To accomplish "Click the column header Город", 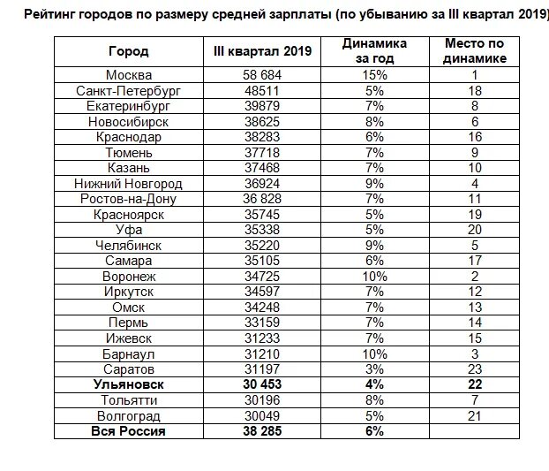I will pos(128,51).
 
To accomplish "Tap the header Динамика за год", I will pos(373,51).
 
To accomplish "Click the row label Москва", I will pos(128,76).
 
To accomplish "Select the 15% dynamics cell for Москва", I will pos(373,76).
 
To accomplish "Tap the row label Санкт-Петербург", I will pos(128,91).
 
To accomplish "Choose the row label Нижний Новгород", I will pos(129,183).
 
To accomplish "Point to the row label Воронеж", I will pos(128,277).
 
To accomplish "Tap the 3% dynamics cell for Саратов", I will pos(373,368).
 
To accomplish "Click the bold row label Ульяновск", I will pos(128,384).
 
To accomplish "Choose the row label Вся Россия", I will pos(128,431).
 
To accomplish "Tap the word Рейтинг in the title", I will pos(51,14).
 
